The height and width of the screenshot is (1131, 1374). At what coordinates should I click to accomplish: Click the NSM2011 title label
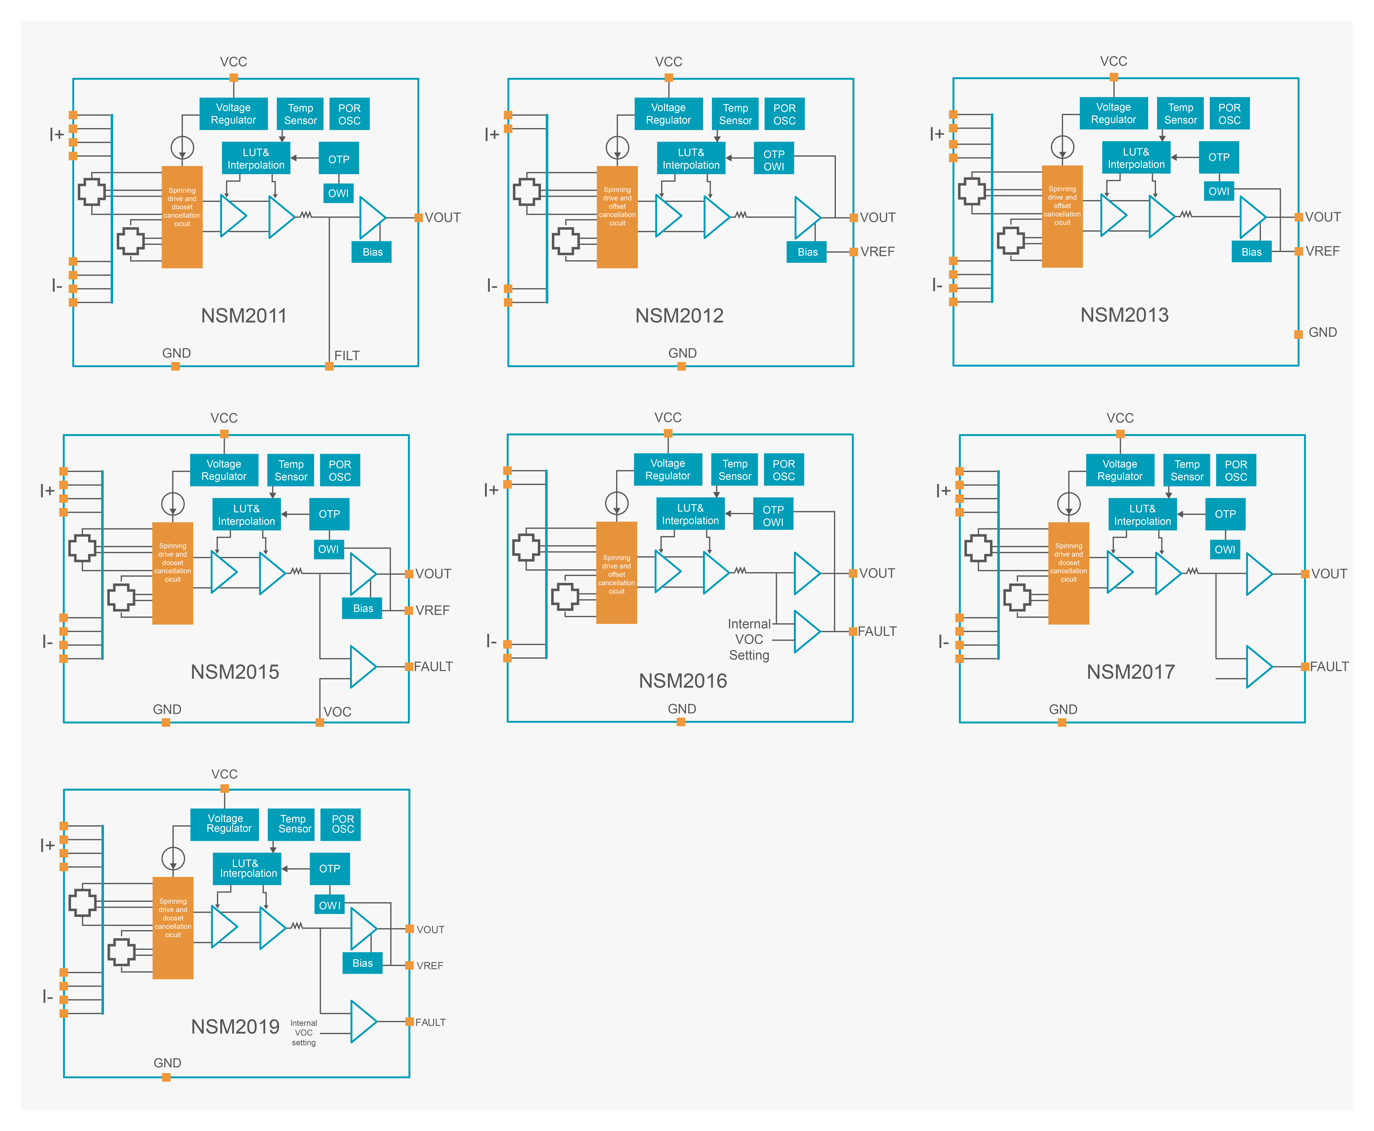coord(244,316)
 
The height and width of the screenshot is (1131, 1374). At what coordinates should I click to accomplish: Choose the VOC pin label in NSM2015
coord(337,712)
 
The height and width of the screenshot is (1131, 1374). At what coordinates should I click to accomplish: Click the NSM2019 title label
coord(235,1027)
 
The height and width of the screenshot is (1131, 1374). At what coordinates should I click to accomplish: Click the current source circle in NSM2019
coord(173,859)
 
